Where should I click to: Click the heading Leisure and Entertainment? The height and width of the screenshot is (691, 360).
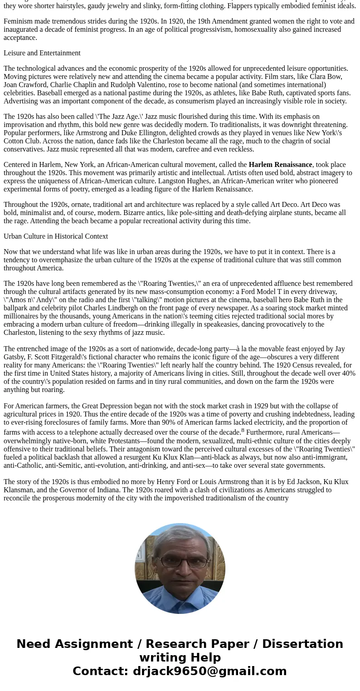point(42,53)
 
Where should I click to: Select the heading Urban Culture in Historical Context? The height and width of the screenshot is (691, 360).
point(56,236)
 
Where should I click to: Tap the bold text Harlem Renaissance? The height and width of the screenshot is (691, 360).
point(280,165)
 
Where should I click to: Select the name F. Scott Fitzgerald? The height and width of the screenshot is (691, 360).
point(54,357)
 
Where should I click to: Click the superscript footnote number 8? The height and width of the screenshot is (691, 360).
point(243,430)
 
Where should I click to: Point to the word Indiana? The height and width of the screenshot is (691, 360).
point(114,490)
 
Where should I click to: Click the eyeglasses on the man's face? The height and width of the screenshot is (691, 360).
point(180,561)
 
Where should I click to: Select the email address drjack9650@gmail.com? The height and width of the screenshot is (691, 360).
point(209,671)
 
